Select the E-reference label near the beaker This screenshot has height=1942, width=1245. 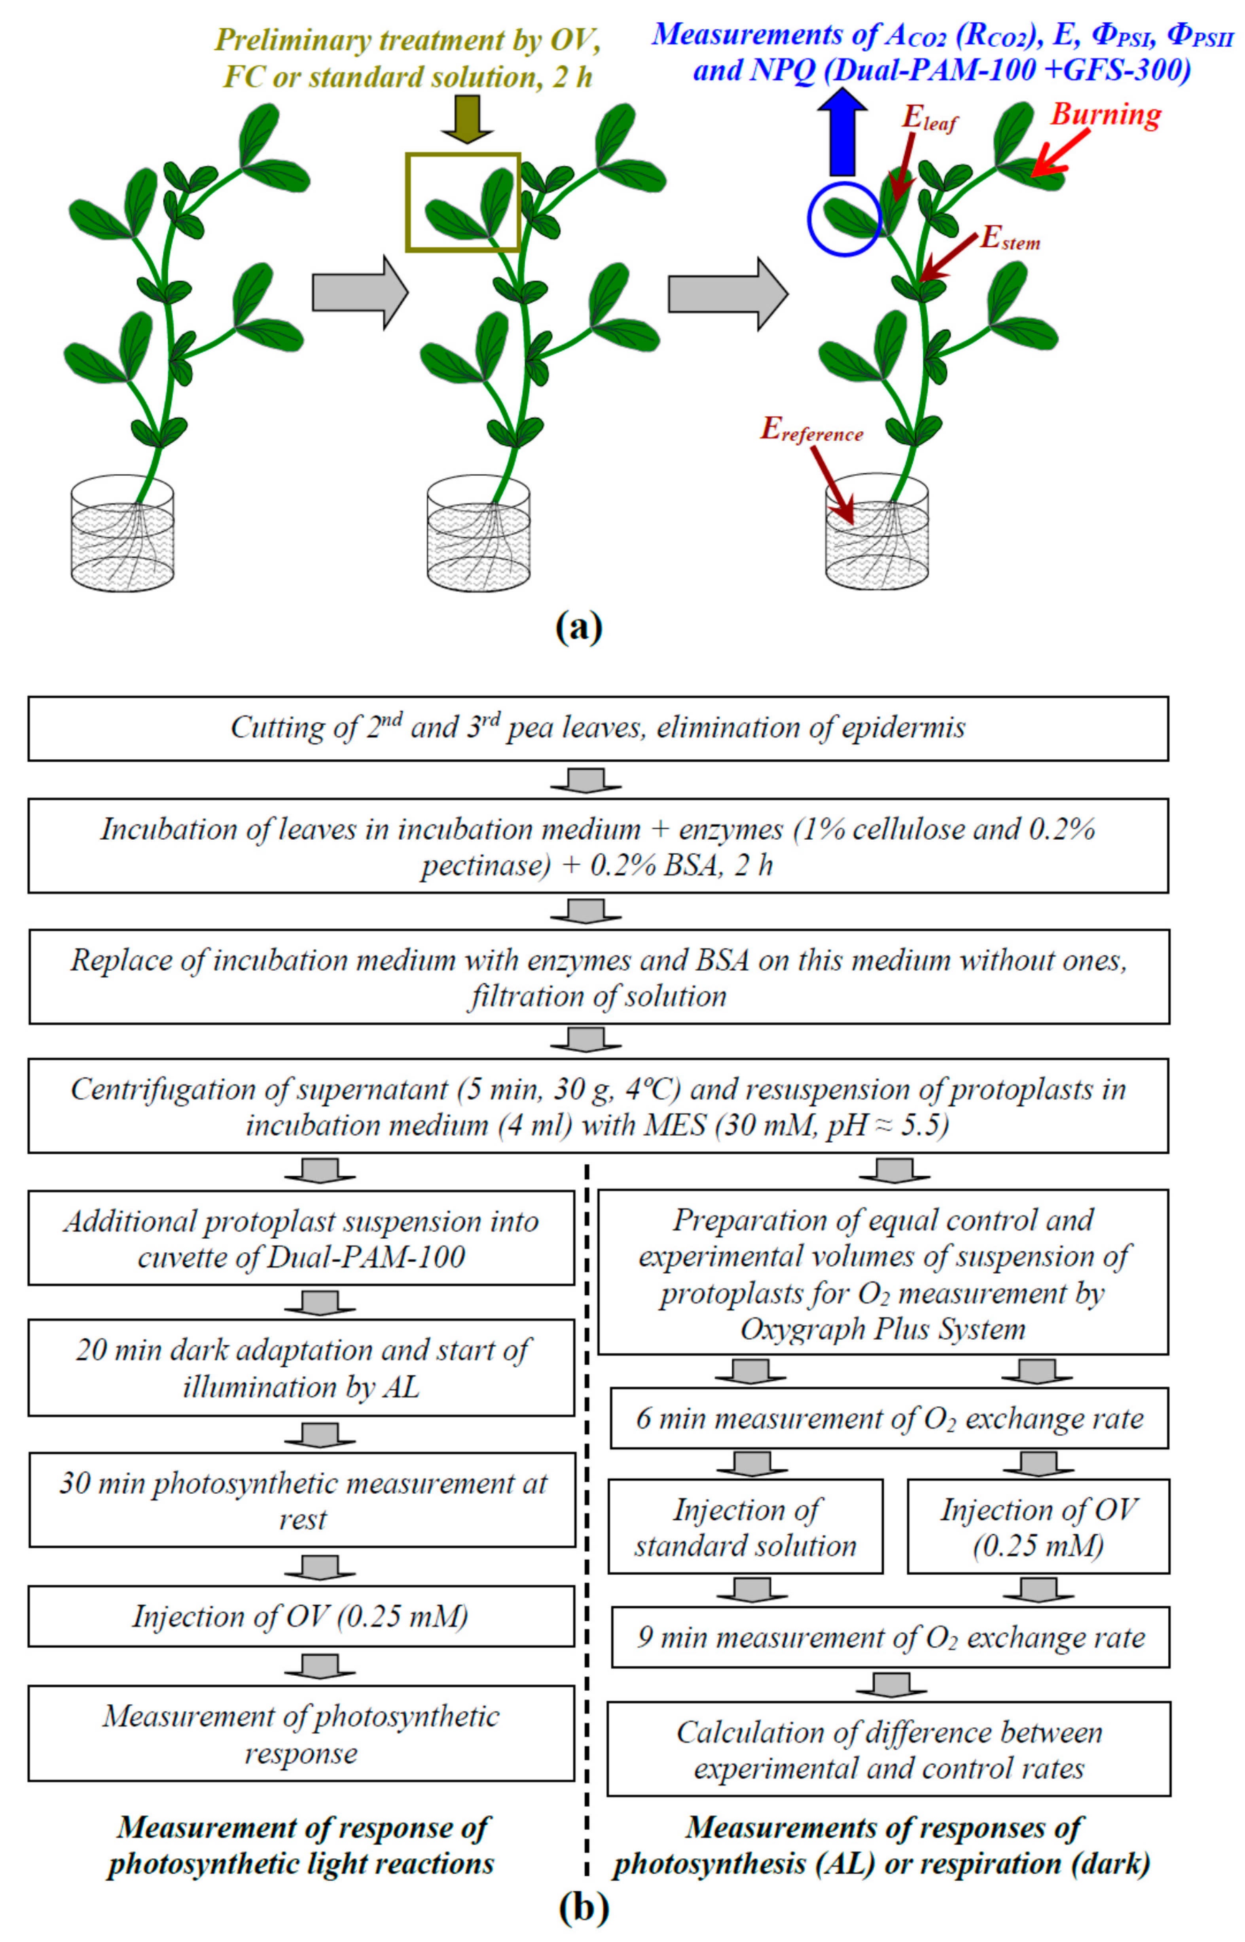click(811, 430)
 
